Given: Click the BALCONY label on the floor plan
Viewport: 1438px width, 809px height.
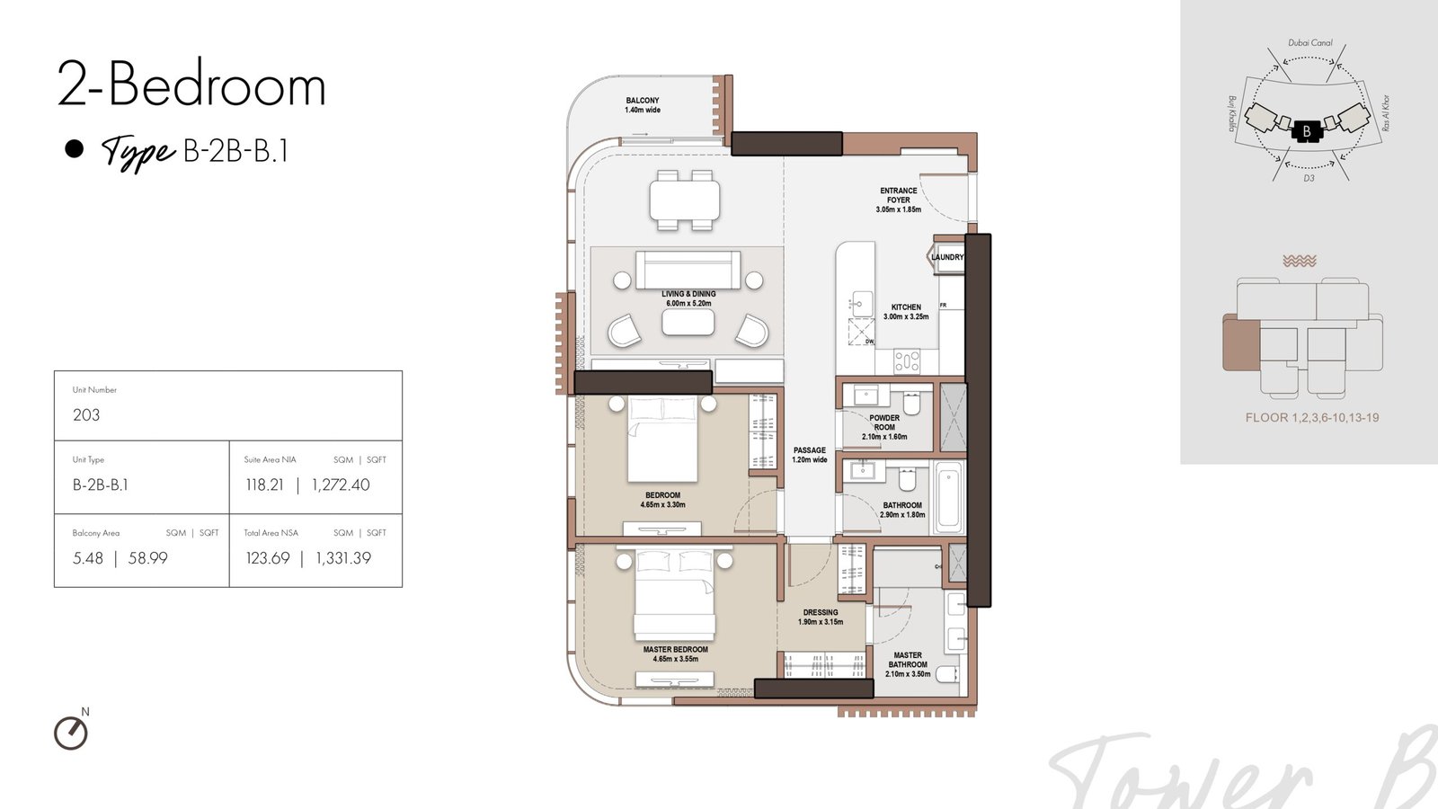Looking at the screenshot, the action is click(x=642, y=101).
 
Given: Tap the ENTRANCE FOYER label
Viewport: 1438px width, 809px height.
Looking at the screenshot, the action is click(x=898, y=195).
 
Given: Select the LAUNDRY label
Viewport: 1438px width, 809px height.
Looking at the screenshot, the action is click(x=947, y=257).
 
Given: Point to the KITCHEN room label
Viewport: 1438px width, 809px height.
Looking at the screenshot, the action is click(x=906, y=307).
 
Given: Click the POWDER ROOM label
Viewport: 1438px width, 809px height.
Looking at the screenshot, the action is click(x=884, y=422).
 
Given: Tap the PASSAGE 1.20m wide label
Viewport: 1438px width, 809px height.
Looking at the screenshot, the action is click(x=810, y=455).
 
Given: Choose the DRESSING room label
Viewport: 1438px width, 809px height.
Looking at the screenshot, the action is click(x=821, y=612).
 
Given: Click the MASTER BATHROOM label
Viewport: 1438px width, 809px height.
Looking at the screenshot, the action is click(x=908, y=660).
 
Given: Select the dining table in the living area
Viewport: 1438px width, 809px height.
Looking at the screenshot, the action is click(x=684, y=200).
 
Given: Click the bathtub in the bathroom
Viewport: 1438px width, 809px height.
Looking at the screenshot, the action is click(x=949, y=498).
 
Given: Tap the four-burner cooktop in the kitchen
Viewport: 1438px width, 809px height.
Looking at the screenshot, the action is click(x=907, y=360).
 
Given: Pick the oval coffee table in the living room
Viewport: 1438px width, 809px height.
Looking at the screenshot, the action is click(x=688, y=323).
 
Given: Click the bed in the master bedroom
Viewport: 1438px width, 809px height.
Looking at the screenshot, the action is click(x=674, y=593).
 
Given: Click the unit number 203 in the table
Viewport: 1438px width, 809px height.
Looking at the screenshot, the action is click(x=86, y=414).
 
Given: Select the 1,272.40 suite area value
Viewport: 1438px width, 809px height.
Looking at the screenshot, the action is click(x=341, y=485).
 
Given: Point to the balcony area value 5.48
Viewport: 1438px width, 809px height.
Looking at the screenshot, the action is click(x=88, y=558).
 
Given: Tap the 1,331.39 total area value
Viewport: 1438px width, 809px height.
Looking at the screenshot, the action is click(x=342, y=558).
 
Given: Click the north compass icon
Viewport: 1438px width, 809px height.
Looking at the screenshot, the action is click(x=71, y=733).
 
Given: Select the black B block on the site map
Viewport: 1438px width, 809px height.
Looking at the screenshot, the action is click(x=1307, y=131).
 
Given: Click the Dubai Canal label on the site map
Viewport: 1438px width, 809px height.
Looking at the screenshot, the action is click(x=1310, y=43).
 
